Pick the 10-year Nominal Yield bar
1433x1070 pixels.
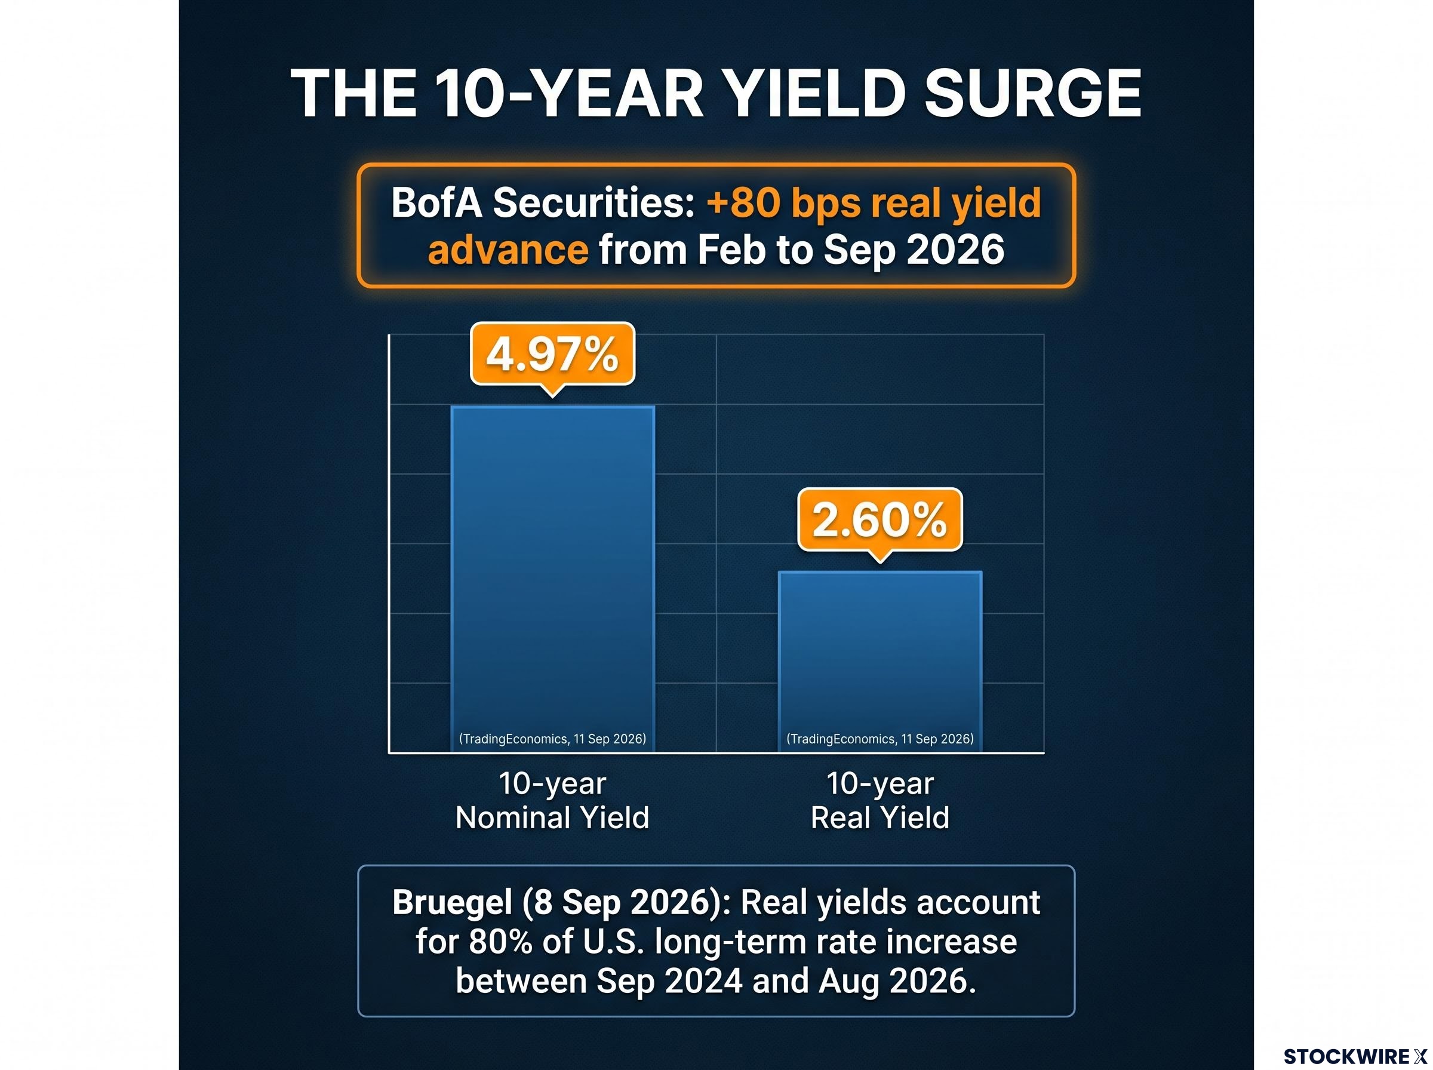point(552,579)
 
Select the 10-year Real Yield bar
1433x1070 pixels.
point(880,662)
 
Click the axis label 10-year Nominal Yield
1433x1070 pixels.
point(552,800)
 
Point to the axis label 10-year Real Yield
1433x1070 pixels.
point(880,800)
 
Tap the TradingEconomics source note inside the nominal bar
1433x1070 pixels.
point(552,739)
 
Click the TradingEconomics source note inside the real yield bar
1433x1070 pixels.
point(880,739)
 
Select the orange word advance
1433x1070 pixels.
point(508,250)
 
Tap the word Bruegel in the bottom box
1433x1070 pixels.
point(452,902)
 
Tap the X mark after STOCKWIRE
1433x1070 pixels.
point(1420,1056)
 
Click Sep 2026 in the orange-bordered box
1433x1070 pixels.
point(914,250)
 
